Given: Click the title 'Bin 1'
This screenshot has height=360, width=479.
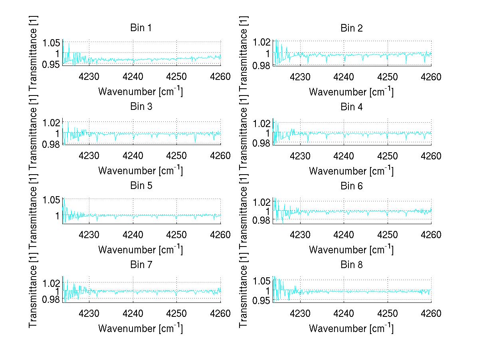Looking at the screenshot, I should tap(141, 28).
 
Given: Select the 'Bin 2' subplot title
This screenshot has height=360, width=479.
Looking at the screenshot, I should tap(352, 28).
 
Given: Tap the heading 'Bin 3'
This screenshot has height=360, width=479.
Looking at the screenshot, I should tap(141, 107).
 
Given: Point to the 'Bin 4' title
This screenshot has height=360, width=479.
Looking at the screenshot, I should tap(352, 107).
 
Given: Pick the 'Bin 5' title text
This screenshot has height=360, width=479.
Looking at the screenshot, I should tap(141, 186).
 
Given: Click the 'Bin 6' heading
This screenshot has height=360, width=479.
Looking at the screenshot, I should tap(352, 186).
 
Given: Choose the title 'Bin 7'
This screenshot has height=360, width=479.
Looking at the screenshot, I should tap(141, 265).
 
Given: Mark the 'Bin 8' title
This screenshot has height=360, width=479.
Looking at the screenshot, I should tap(352, 265).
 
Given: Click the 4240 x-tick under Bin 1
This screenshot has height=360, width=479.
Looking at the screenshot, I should tap(133, 77).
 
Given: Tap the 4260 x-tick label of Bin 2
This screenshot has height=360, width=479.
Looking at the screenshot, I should tap(431, 77).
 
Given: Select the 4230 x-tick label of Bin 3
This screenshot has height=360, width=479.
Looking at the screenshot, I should tap(89, 155).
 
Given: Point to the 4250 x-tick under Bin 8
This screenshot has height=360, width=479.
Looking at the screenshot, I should tap(387, 313).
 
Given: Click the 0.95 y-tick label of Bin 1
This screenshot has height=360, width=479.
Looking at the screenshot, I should tap(51, 64).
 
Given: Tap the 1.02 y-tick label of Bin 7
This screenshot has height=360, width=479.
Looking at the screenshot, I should tap(51, 283).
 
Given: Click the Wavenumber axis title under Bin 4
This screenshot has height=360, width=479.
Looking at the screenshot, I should tap(351, 171).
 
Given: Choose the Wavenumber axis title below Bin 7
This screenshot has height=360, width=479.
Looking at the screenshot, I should tap(141, 328).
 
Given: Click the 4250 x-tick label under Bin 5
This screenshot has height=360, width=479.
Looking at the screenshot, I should tap(177, 235).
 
